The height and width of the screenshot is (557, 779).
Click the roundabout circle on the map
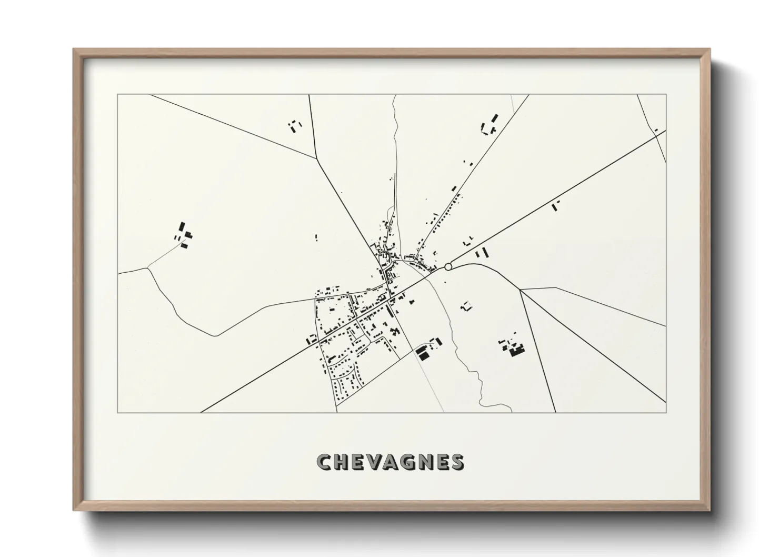[448, 267]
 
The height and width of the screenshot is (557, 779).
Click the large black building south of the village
[423, 354]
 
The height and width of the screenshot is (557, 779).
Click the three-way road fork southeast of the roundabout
[520, 290]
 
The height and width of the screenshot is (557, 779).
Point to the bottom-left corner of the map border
[118, 412]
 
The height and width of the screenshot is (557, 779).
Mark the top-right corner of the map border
[666, 95]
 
